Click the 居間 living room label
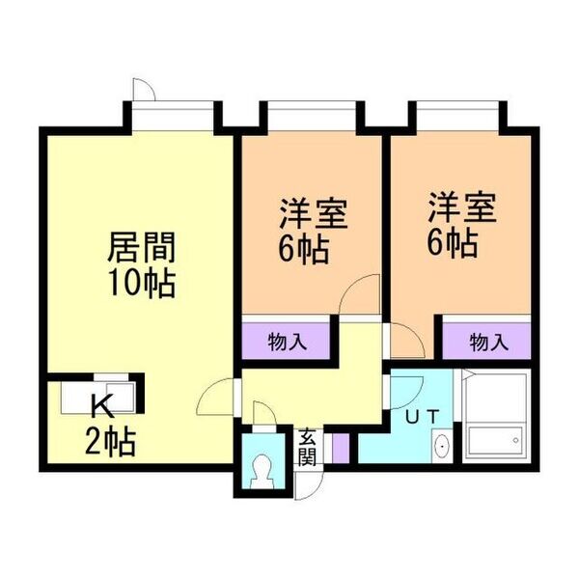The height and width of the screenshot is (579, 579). click(142, 247)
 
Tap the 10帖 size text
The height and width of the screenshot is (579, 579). click(142, 284)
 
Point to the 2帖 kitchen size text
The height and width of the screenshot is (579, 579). click(110, 442)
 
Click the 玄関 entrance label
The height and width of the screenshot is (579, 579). click(307, 448)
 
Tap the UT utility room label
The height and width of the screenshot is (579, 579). click(422, 417)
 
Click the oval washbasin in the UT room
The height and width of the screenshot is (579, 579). click(442, 446)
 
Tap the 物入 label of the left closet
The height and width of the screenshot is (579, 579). click(287, 342)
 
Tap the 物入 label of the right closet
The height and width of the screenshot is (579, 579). click(488, 342)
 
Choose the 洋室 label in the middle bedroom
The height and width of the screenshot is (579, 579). click(313, 214)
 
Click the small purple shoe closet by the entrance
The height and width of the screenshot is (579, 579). click(341, 448)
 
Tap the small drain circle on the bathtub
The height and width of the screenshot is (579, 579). click(516, 440)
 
